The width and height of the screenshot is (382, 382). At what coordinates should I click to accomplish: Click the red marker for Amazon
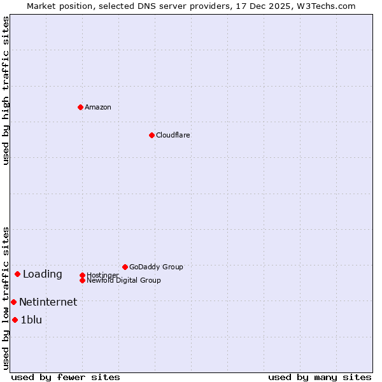pyautogui.click(x=80, y=107)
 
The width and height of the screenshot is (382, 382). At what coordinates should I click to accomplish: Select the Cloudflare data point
pyautogui.click(x=152, y=135)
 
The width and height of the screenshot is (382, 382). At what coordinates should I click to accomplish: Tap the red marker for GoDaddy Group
pyautogui.click(x=125, y=267)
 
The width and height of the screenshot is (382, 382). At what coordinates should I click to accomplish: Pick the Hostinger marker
pyautogui.click(x=82, y=275)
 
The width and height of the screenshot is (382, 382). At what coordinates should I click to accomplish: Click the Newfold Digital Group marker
pyautogui.click(x=82, y=280)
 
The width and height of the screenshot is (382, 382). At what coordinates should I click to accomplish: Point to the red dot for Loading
pyautogui.click(x=17, y=274)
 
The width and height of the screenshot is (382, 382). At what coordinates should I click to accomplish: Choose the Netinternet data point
pyautogui.click(x=13, y=302)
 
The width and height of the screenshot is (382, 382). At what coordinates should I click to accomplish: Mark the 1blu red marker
pyautogui.click(x=15, y=320)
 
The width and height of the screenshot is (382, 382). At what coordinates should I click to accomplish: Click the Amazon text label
pyautogui.click(x=98, y=107)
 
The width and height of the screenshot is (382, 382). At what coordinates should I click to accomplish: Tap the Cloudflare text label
pyautogui.click(x=173, y=135)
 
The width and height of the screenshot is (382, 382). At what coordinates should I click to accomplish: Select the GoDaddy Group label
pyautogui.click(x=156, y=267)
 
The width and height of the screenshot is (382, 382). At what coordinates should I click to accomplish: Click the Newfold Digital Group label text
pyautogui.click(x=124, y=281)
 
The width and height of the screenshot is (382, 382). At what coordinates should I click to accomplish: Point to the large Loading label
pyautogui.click(x=43, y=274)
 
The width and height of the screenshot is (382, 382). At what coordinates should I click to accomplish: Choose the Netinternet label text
pyautogui.click(x=48, y=302)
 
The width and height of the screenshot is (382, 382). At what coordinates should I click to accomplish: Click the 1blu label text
pyautogui.click(x=31, y=320)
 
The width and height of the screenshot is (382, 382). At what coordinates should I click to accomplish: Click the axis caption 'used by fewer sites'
pyautogui.click(x=66, y=377)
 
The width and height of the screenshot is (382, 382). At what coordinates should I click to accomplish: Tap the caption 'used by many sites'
pyautogui.click(x=320, y=377)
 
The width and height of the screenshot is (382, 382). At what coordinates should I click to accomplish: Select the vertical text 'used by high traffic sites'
pyautogui.click(x=6, y=90)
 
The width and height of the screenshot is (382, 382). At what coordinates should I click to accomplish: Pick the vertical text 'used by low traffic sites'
pyautogui.click(x=6, y=298)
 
